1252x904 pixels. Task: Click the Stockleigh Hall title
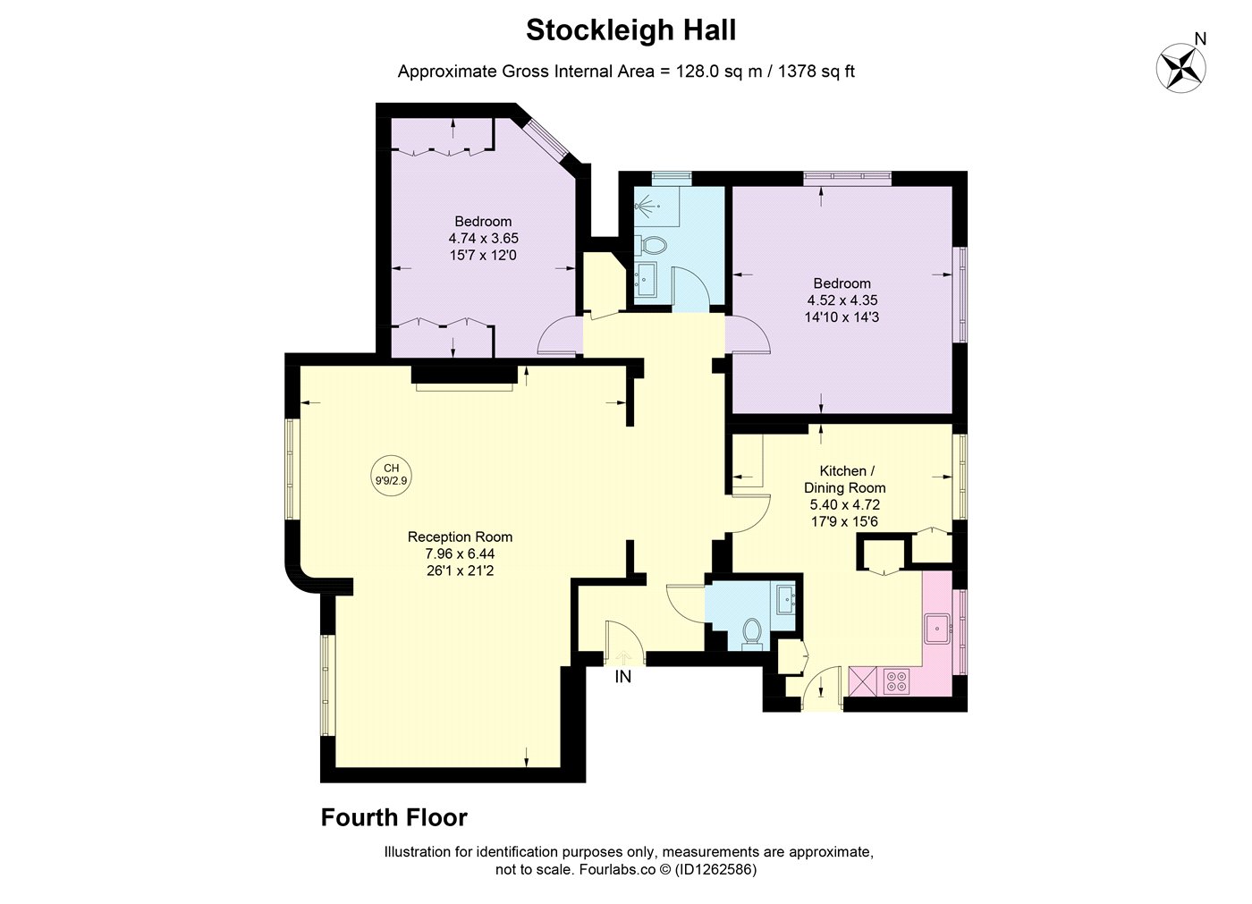pos(631,30)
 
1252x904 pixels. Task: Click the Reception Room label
pos(460,536)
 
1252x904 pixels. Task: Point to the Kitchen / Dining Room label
pos(844,479)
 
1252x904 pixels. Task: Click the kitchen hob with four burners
pos(896,681)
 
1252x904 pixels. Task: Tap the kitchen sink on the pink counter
pos(937,629)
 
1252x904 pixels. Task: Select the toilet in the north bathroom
pos(651,245)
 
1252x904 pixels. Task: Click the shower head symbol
pos(647,206)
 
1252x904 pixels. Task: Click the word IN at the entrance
pos(622,677)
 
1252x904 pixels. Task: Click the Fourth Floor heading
pos(394,817)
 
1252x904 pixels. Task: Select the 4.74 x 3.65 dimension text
pos(484,238)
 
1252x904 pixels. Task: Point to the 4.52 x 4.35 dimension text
pos(842,300)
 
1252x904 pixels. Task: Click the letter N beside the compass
pos(1200,38)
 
